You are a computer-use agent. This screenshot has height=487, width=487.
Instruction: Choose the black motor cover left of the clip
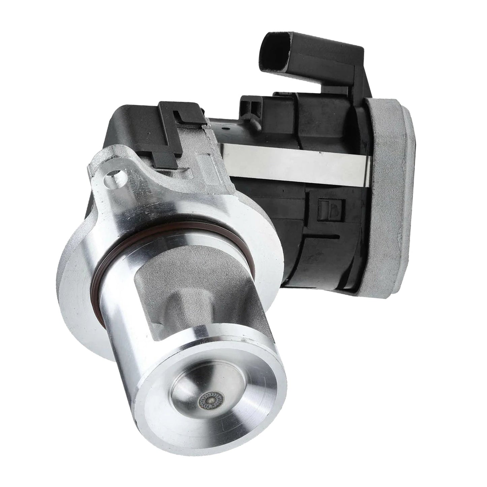(x=135, y=135)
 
